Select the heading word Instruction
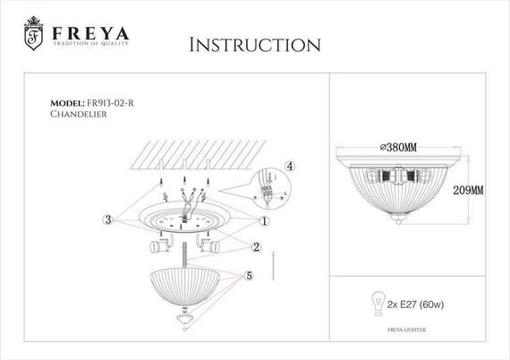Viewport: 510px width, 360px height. pyautogui.click(x=256, y=45)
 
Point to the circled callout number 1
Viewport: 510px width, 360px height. pyautogui.click(x=265, y=219)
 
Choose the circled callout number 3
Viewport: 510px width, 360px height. pyautogui.click(x=108, y=219)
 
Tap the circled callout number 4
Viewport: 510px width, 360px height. pyautogui.click(x=289, y=166)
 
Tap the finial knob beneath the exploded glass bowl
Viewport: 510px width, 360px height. pyautogui.click(x=184, y=318)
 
